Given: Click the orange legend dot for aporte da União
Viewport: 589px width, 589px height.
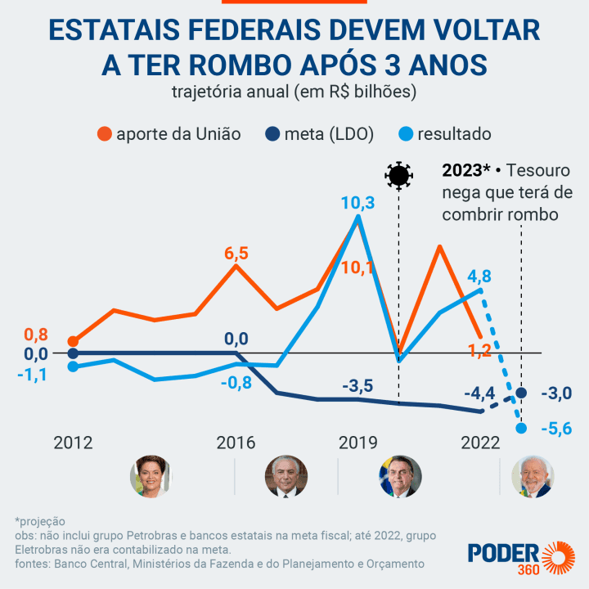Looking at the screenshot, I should coord(104,134).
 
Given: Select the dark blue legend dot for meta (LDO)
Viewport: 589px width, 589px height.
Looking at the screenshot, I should coord(272,134).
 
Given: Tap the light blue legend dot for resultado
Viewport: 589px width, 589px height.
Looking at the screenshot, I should coord(404,134).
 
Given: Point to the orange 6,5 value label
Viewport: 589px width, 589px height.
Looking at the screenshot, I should coord(236,253).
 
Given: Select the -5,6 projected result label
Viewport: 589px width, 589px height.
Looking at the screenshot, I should coord(560,427).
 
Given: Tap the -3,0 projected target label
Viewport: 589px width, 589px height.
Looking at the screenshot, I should coord(560,393).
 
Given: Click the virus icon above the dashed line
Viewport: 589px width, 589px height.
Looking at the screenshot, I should coord(398,175).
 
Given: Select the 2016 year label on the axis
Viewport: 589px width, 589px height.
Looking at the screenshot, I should coord(236,443).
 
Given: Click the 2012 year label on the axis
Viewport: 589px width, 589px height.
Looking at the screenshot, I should coord(73,443).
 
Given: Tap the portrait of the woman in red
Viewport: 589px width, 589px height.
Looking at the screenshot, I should coord(151,477).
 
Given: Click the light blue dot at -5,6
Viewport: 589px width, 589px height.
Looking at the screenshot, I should coord(521,427).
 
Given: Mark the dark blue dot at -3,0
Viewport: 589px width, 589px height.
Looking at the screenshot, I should coord(521,393).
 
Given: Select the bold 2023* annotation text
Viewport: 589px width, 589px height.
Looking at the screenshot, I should coord(465,172).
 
